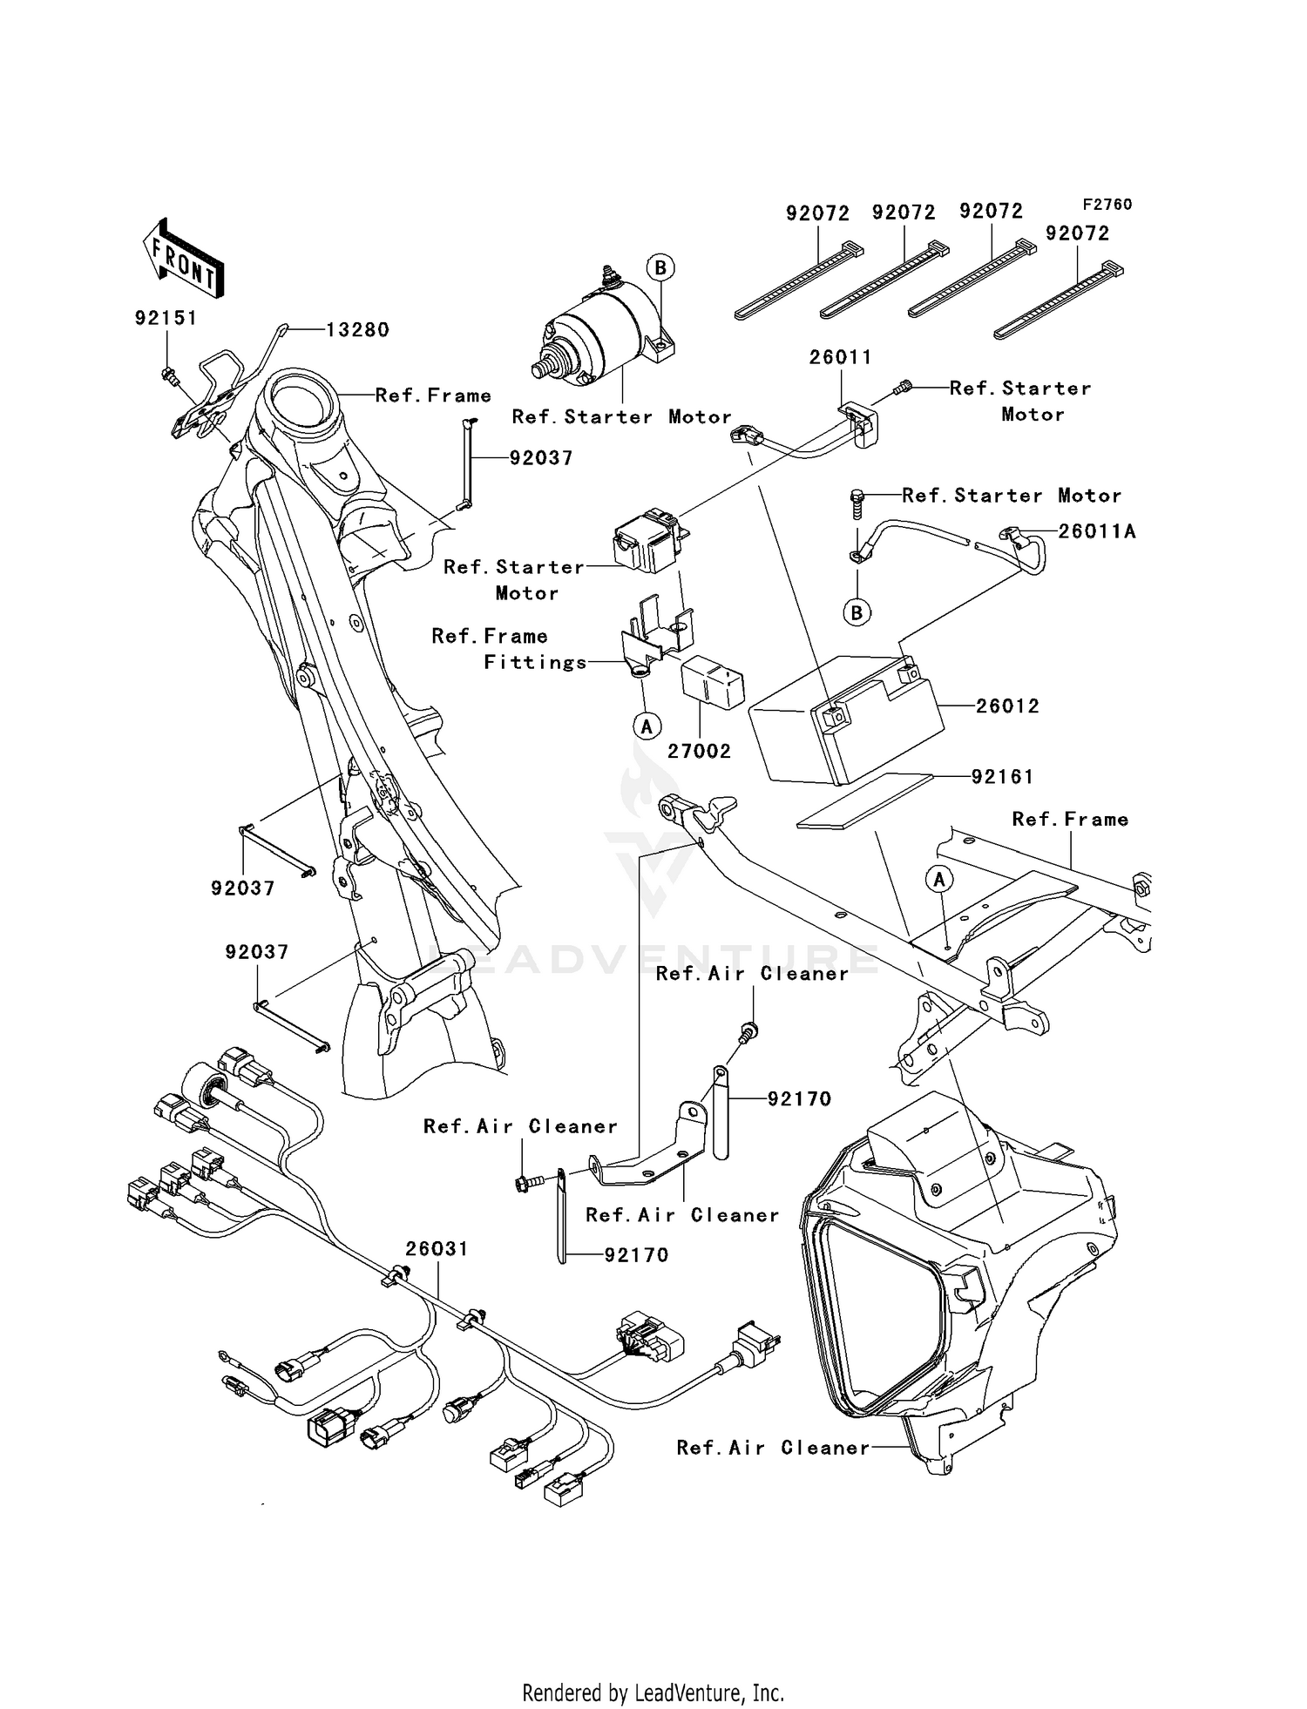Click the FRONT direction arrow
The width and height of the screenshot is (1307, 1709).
coord(184,260)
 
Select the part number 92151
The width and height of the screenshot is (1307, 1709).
coord(166,318)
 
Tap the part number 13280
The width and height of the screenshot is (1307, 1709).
coord(357,330)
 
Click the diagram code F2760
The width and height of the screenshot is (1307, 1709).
coord(1107,205)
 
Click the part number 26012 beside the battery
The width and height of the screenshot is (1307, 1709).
coord(1007,706)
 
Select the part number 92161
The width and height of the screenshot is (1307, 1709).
coord(1002,776)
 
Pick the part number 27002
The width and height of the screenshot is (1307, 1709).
coord(699,751)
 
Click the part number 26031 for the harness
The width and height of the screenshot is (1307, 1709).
coord(437,1248)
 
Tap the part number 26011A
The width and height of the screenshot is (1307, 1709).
coord(1097,530)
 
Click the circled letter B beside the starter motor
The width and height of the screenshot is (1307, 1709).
coord(660,267)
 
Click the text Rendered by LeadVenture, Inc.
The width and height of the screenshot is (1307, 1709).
coord(653,1692)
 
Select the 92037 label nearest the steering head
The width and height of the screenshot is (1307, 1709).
coord(541,458)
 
